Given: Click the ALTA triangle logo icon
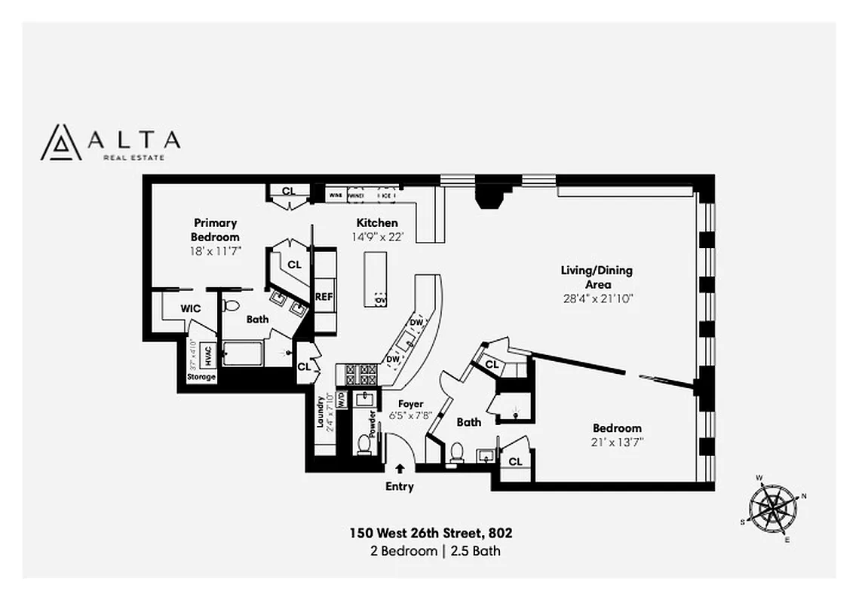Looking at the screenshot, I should pos(61,142).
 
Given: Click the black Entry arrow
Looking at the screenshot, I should pos(399,469).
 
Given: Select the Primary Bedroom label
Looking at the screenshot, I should pos(215,230).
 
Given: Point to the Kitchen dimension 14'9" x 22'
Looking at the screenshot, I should pos(377,237).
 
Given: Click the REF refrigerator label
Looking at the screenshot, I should pos(324,297).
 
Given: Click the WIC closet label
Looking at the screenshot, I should pos(190,308).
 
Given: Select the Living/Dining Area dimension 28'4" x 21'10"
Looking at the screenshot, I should pos(596,298).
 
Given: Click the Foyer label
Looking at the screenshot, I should pos(411,404).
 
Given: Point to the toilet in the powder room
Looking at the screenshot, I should pos(364,444).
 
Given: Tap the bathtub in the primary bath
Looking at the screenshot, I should pos(243,354).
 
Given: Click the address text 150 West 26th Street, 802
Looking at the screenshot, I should pos(431,533).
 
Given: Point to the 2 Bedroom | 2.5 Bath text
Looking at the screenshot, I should pos(435,551).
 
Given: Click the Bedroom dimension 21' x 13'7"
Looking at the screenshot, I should pos(617,442).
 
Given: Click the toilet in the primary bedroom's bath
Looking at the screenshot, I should pos(232,306).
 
